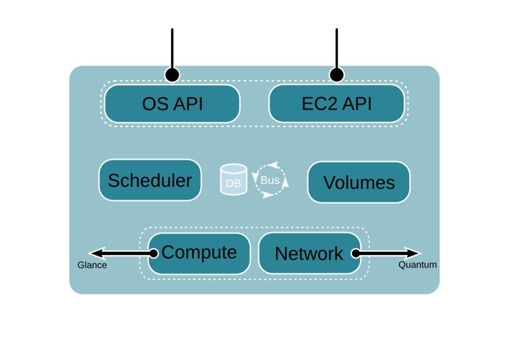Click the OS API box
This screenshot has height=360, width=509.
click(x=172, y=104)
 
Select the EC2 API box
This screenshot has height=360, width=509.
click(x=337, y=104)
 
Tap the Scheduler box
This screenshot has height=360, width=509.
click(x=150, y=180)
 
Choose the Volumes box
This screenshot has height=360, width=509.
click(x=359, y=182)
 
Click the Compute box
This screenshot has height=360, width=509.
click(x=199, y=253)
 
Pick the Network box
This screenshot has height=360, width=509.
click(x=309, y=253)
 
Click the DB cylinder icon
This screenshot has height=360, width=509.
click(x=234, y=180)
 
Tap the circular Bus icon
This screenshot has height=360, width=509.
click(x=270, y=180)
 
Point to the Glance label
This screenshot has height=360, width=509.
click(x=92, y=265)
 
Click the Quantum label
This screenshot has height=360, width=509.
click(x=417, y=265)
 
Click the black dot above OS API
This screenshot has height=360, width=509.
click(x=172, y=75)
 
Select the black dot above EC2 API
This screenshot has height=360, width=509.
click(x=337, y=75)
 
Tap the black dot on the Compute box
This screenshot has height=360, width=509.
click(x=153, y=253)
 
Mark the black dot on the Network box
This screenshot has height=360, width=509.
click(x=356, y=253)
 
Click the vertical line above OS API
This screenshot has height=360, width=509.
click(x=172, y=48)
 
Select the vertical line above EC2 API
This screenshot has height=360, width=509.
click(x=337, y=48)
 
